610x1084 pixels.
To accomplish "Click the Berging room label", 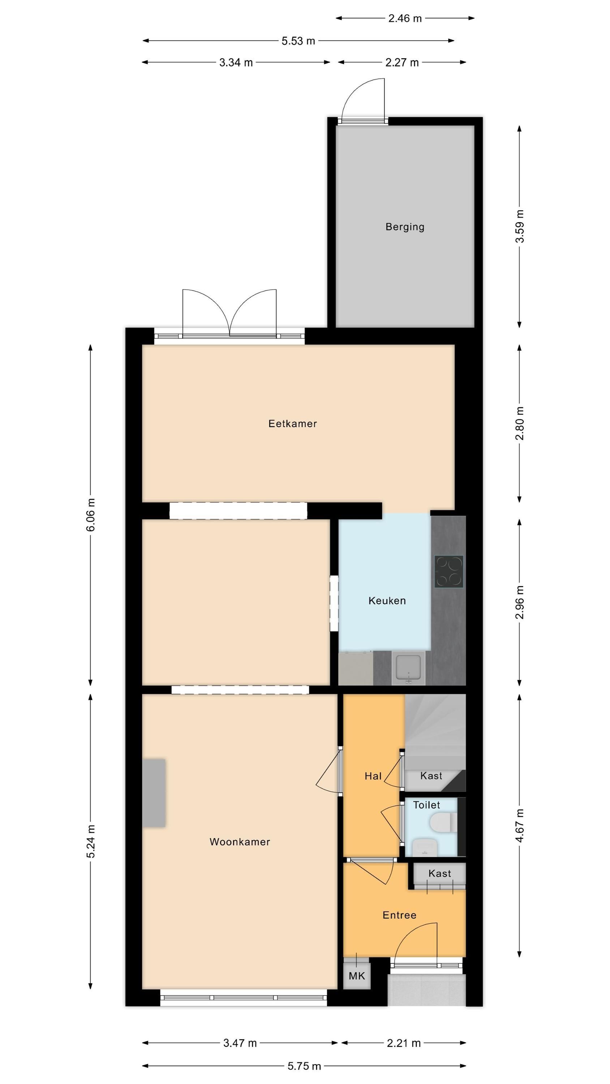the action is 405,227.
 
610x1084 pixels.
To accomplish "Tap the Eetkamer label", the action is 293,424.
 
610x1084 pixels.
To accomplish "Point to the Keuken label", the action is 387,601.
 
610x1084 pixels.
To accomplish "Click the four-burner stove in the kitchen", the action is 449,572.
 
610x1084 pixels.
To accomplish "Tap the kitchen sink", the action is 408,668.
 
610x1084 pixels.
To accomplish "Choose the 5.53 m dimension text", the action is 298,41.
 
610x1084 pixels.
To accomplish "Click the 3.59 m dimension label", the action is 520,227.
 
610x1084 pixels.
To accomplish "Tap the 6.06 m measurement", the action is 90,515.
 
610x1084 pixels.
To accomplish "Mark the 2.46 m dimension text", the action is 405,18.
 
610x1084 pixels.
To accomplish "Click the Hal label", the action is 373,776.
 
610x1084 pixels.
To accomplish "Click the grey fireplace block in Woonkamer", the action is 154,793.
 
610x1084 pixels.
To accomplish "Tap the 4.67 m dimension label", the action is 520,826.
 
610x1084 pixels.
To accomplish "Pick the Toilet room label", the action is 426,805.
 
